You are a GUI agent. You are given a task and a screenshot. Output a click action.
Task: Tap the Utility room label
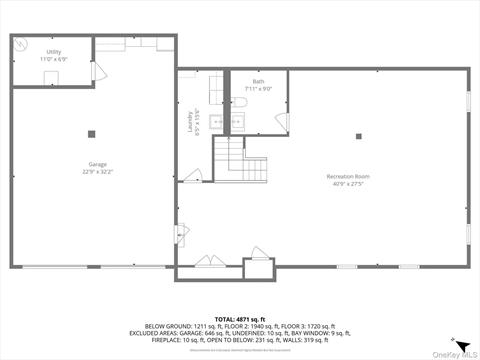click(53, 51)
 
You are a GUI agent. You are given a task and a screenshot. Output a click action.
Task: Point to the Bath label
click(258, 81)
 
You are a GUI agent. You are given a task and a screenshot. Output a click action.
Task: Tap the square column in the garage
click(91, 133)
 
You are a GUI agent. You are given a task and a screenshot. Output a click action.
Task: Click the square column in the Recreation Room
click(357, 137)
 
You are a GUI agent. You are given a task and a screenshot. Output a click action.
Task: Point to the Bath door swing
click(281, 121)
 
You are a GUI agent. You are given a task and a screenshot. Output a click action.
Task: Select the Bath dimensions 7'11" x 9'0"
click(258, 89)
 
